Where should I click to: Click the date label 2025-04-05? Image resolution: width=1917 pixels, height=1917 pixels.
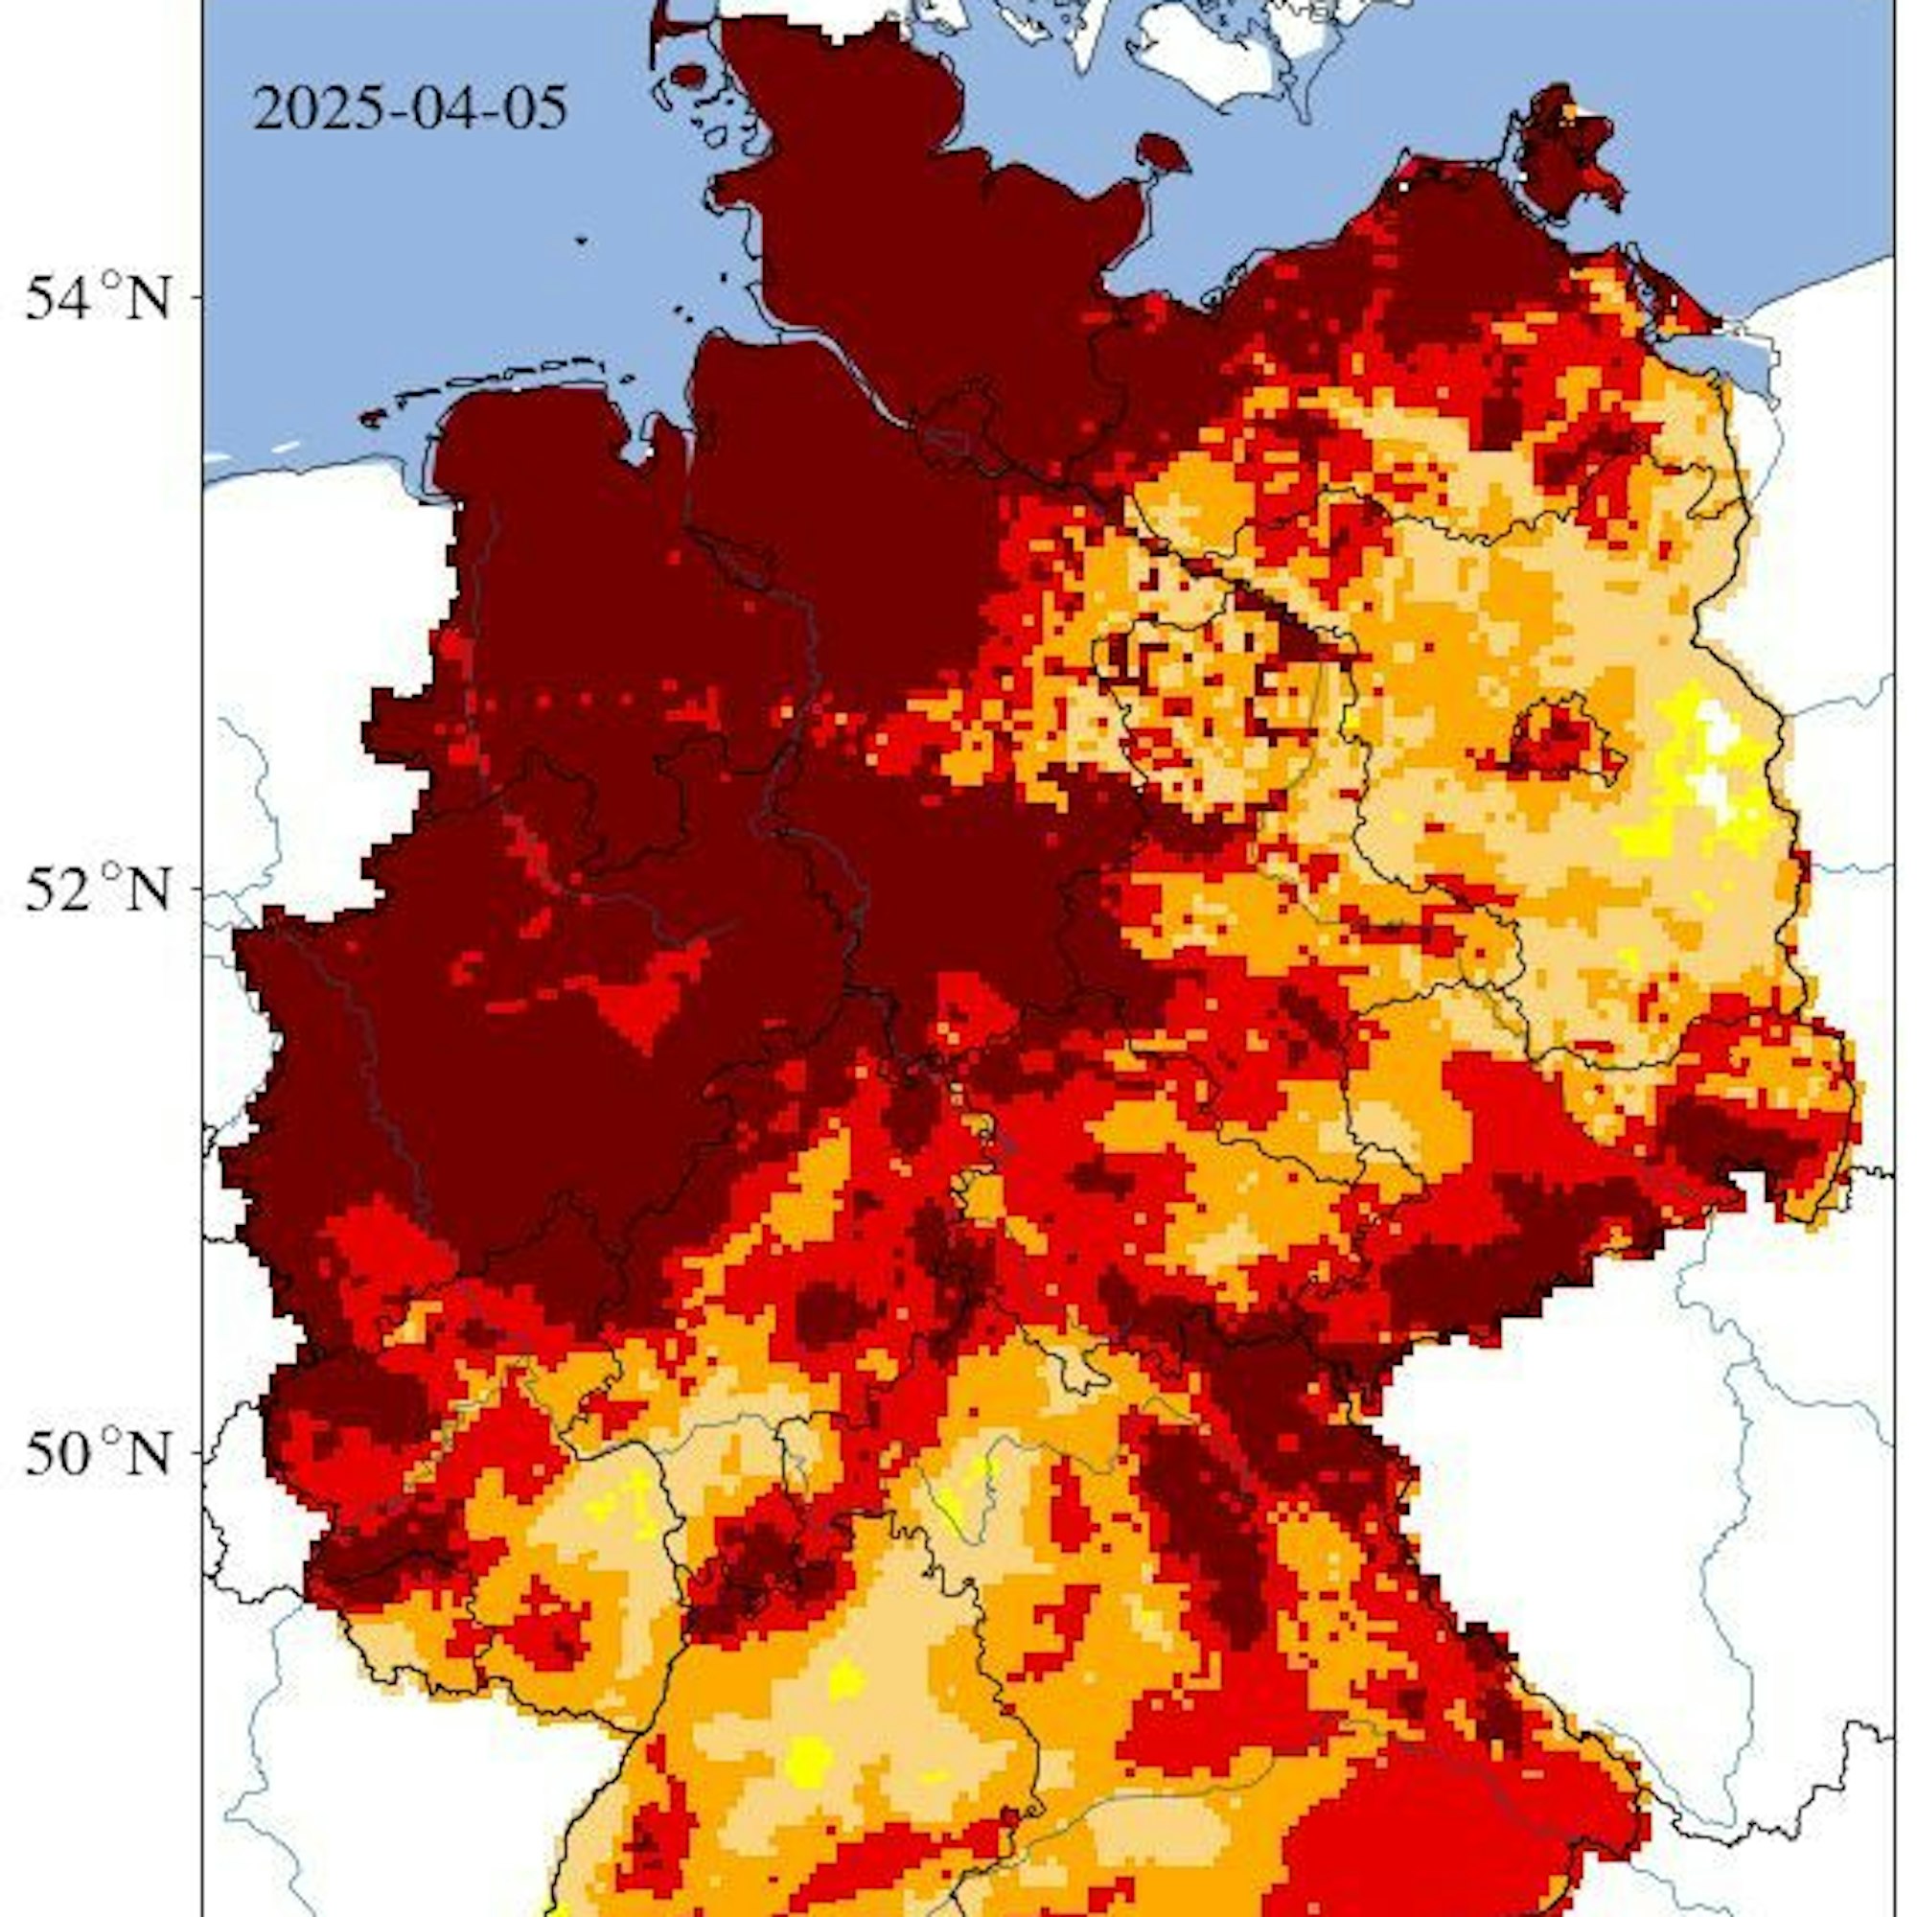410,108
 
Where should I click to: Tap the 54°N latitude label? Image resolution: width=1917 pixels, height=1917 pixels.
97,298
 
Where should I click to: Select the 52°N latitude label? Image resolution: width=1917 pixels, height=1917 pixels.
97,889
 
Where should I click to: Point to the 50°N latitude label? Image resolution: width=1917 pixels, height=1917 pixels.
97,1455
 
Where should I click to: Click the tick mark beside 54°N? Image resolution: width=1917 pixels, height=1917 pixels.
198,298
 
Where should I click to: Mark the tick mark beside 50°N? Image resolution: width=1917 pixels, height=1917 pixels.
198,1455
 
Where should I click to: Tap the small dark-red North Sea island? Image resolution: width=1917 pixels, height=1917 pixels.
687,77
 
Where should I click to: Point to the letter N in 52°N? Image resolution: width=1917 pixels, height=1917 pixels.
146,889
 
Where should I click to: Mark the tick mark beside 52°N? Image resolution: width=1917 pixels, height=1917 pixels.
198,889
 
